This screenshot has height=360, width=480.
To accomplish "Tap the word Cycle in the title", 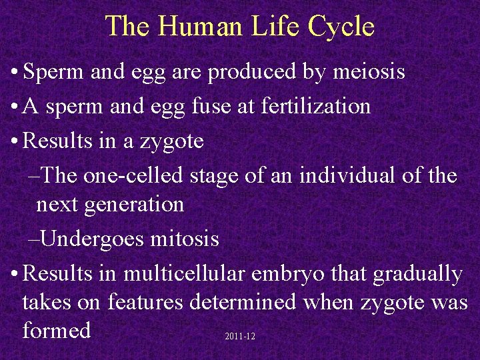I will tap(341, 27).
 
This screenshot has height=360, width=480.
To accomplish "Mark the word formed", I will tap(56, 330).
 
